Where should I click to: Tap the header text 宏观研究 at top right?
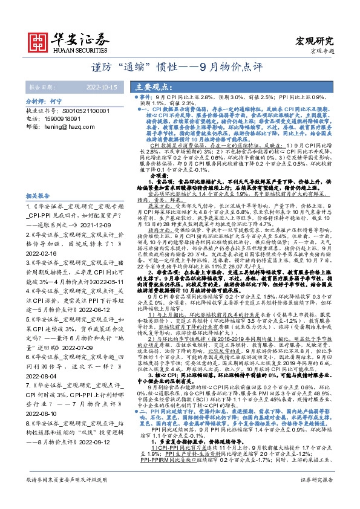pyautogui.click(x=314, y=41)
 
